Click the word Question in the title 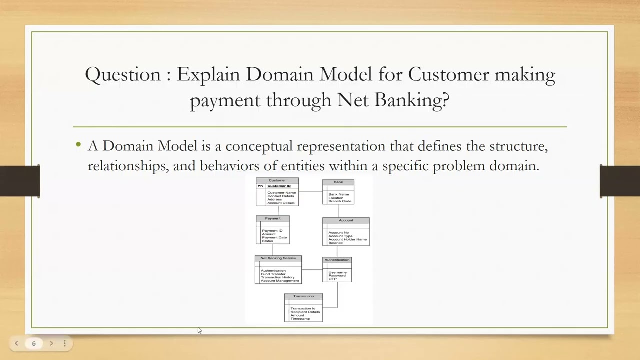pyautogui.click(x=123, y=75)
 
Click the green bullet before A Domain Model pyautogui.click(x=79, y=144)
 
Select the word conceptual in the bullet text pyautogui.click(x=259, y=146)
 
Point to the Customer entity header pyautogui.click(x=277, y=180)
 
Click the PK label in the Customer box pyautogui.click(x=260, y=186)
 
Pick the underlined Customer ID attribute pyautogui.click(x=279, y=186)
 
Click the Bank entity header pyautogui.click(x=338, y=182)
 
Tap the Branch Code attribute pyautogui.click(x=340, y=201)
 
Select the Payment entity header pyautogui.click(x=273, y=218)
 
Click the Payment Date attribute pyautogui.click(x=274, y=237)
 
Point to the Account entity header pyautogui.click(x=346, y=220)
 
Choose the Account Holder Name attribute pyautogui.click(x=347, y=239)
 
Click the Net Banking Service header pyautogui.click(x=278, y=258)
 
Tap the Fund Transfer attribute pyautogui.click(x=273, y=274)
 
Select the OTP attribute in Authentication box pyautogui.click(x=332, y=279)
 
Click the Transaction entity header pyautogui.click(x=303, y=296)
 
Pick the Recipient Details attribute pyautogui.click(x=305, y=312)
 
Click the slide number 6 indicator pyautogui.click(x=34, y=343)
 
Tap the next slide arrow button pyautogui.click(x=51, y=343)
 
